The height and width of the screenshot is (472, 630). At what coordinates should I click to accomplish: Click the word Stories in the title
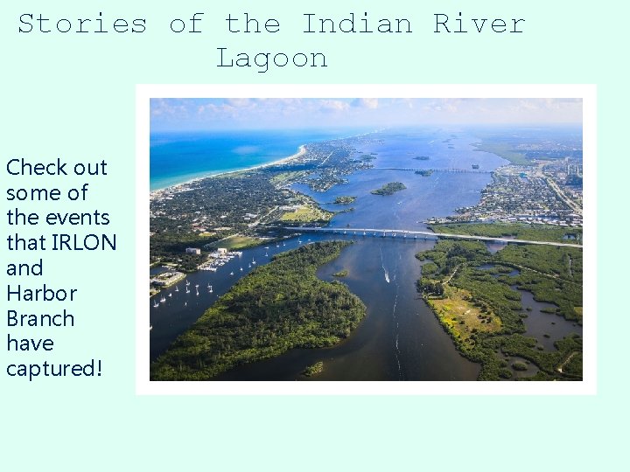click(x=82, y=24)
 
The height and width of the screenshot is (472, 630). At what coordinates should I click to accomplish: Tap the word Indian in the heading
click(x=356, y=24)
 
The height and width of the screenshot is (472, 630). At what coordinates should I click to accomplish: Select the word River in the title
click(x=479, y=24)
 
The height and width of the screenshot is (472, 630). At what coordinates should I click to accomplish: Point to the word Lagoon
click(x=271, y=59)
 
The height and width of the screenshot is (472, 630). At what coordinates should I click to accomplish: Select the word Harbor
click(x=41, y=293)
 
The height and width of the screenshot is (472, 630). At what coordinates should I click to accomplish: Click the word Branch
click(x=40, y=318)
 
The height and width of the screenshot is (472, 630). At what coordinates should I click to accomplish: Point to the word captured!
click(x=54, y=369)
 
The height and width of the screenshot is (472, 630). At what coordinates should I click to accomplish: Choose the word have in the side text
click(x=30, y=344)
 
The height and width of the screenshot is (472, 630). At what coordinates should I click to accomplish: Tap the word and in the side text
click(x=24, y=267)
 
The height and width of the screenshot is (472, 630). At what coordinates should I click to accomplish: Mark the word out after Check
click(x=91, y=167)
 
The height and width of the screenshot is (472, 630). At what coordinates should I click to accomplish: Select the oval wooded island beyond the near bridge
click(x=388, y=188)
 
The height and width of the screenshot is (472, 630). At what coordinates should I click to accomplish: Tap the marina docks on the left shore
click(x=214, y=260)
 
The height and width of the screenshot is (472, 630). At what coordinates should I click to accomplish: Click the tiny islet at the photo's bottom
click(x=312, y=369)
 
